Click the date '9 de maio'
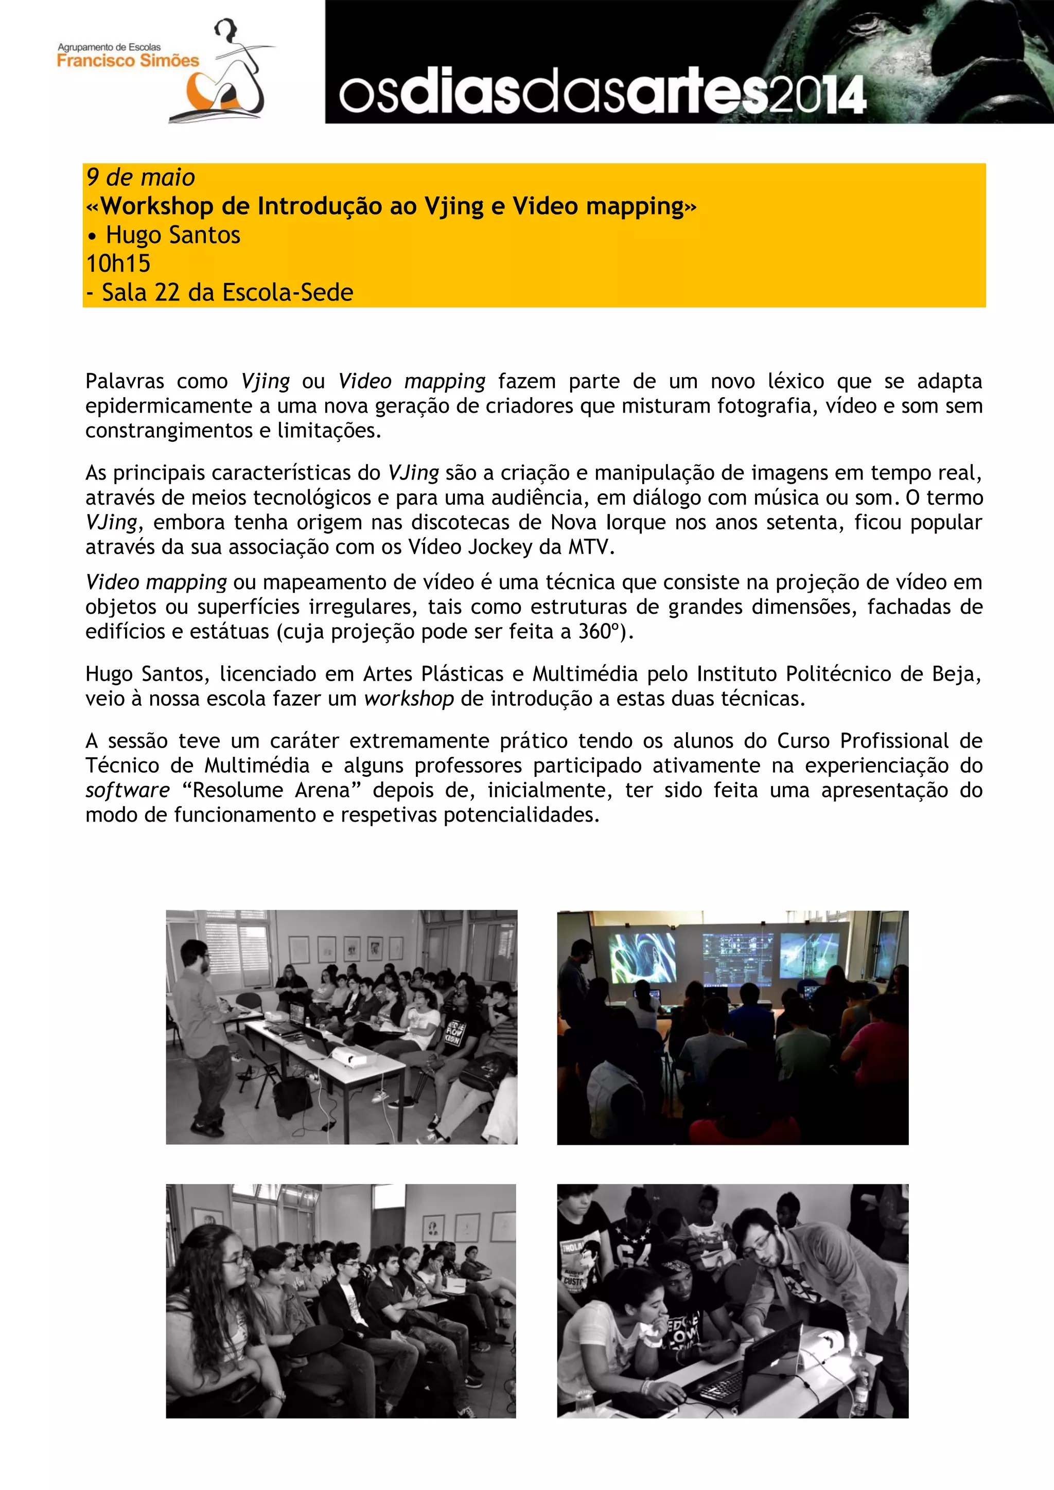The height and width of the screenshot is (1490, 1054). (x=140, y=177)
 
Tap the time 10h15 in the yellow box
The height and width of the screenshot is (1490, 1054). (x=118, y=263)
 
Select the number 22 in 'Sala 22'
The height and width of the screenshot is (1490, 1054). (x=167, y=293)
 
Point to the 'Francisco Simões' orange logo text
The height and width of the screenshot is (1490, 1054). (x=128, y=61)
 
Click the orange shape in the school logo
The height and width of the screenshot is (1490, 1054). (x=204, y=92)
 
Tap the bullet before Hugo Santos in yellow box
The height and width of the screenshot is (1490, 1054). (x=92, y=236)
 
